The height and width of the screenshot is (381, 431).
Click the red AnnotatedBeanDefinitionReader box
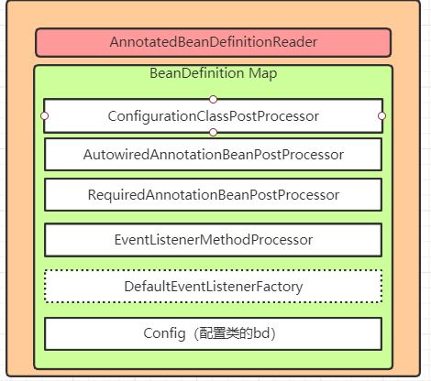pyautogui.click(x=213, y=42)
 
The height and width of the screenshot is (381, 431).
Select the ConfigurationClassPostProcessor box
pyautogui.click(x=213, y=116)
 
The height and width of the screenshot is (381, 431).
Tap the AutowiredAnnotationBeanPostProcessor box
pyautogui.click(x=213, y=155)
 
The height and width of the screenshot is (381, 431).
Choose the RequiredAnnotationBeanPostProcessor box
pyautogui.click(x=213, y=195)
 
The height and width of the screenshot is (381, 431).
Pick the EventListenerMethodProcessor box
pyautogui.click(x=213, y=240)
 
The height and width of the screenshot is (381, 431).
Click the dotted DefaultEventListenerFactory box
pyautogui.click(x=213, y=287)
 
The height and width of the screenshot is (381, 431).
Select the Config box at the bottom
pyautogui.click(x=213, y=333)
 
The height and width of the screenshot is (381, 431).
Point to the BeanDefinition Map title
pyautogui.click(x=213, y=73)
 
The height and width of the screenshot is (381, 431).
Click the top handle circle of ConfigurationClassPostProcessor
pyautogui.click(x=213, y=99)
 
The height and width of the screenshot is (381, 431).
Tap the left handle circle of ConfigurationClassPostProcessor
pyautogui.click(x=45, y=116)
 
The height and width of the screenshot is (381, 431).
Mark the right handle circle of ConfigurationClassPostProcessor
pyautogui.click(x=381, y=116)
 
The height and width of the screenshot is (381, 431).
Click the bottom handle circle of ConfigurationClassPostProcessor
pyautogui.click(x=213, y=133)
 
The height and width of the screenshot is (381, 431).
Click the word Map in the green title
pyautogui.click(x=263, y=74)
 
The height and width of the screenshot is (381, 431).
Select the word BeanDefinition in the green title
pyautogui.click(x=196, y=73)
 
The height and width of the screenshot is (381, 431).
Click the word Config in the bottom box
pyautogui.click(x=164, y=333)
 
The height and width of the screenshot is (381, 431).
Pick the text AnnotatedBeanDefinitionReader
pyautogui.click(x=214, y=42)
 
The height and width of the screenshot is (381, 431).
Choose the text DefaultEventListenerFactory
pyautogui.click(x=214, y=287)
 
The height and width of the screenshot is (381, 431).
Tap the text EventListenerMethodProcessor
pyautogui.click(x=214, y=240)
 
